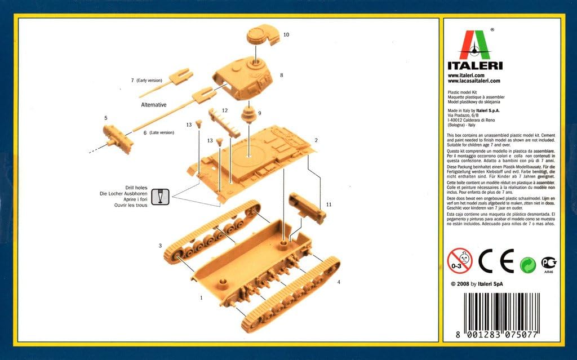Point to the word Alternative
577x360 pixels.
(153, 105)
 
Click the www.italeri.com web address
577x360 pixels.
(466, 75)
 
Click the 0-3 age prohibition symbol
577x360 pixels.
(460, 261)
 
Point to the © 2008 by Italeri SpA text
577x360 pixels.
(477, 284)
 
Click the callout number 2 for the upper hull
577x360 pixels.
(316, 140)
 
